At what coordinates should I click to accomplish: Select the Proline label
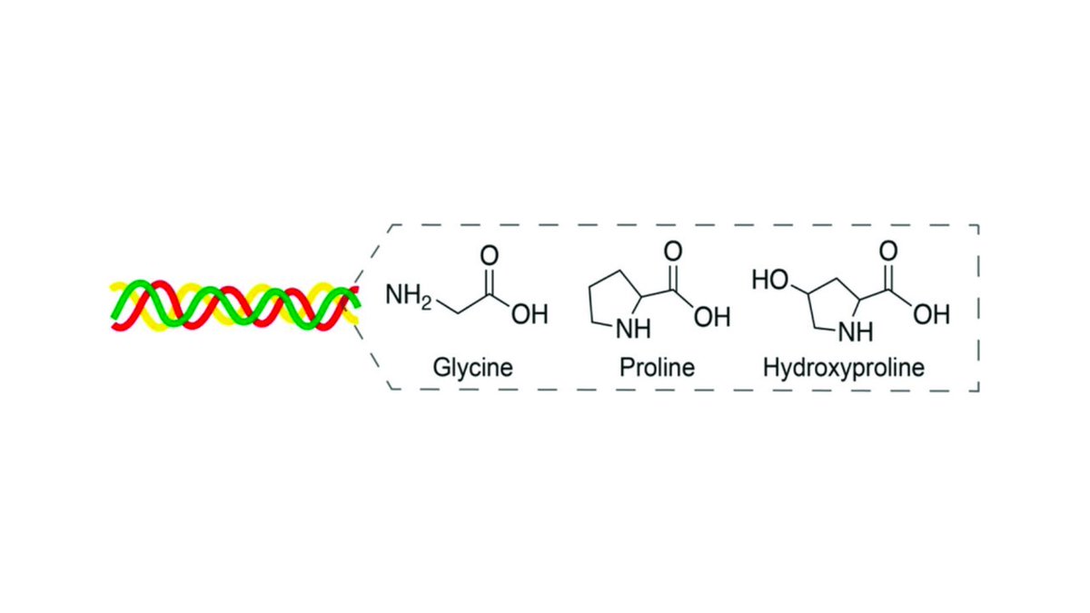[656, 368]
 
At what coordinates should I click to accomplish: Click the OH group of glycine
[529, 315]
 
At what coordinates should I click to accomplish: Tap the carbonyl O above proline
[673, 252]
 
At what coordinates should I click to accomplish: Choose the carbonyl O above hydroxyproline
[890, 252]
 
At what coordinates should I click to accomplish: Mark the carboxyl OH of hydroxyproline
[930, 316]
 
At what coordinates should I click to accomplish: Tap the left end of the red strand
[112, 303]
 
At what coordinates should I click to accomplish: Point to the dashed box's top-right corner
[978, 224]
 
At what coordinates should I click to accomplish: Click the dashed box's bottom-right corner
[978, 391]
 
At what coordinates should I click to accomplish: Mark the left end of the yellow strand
[113, 289]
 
